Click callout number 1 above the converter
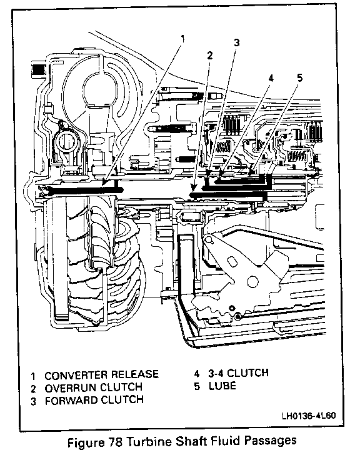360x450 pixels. tap(182, 39)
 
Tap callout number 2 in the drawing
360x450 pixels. tap(210, 56)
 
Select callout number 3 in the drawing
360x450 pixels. tap(236, 42)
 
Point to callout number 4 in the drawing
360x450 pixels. tap(271, 78)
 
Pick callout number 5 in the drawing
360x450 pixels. tap(300, 77)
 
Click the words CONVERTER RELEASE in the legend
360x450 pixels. tap(102, 374)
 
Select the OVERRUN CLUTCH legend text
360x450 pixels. tap(94, 387)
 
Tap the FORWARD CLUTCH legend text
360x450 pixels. tap(94, 400)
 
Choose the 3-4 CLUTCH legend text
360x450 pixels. tap(238, 373)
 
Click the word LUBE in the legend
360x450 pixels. tap(222, 386)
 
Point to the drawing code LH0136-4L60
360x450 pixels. tap(308, 416)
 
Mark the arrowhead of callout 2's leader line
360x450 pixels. tap(193, 189)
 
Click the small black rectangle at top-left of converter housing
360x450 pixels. tap(38, 70)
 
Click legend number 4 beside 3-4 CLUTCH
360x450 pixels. tap(196, 374)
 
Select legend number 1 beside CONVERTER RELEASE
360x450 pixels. tap(33, 376)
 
